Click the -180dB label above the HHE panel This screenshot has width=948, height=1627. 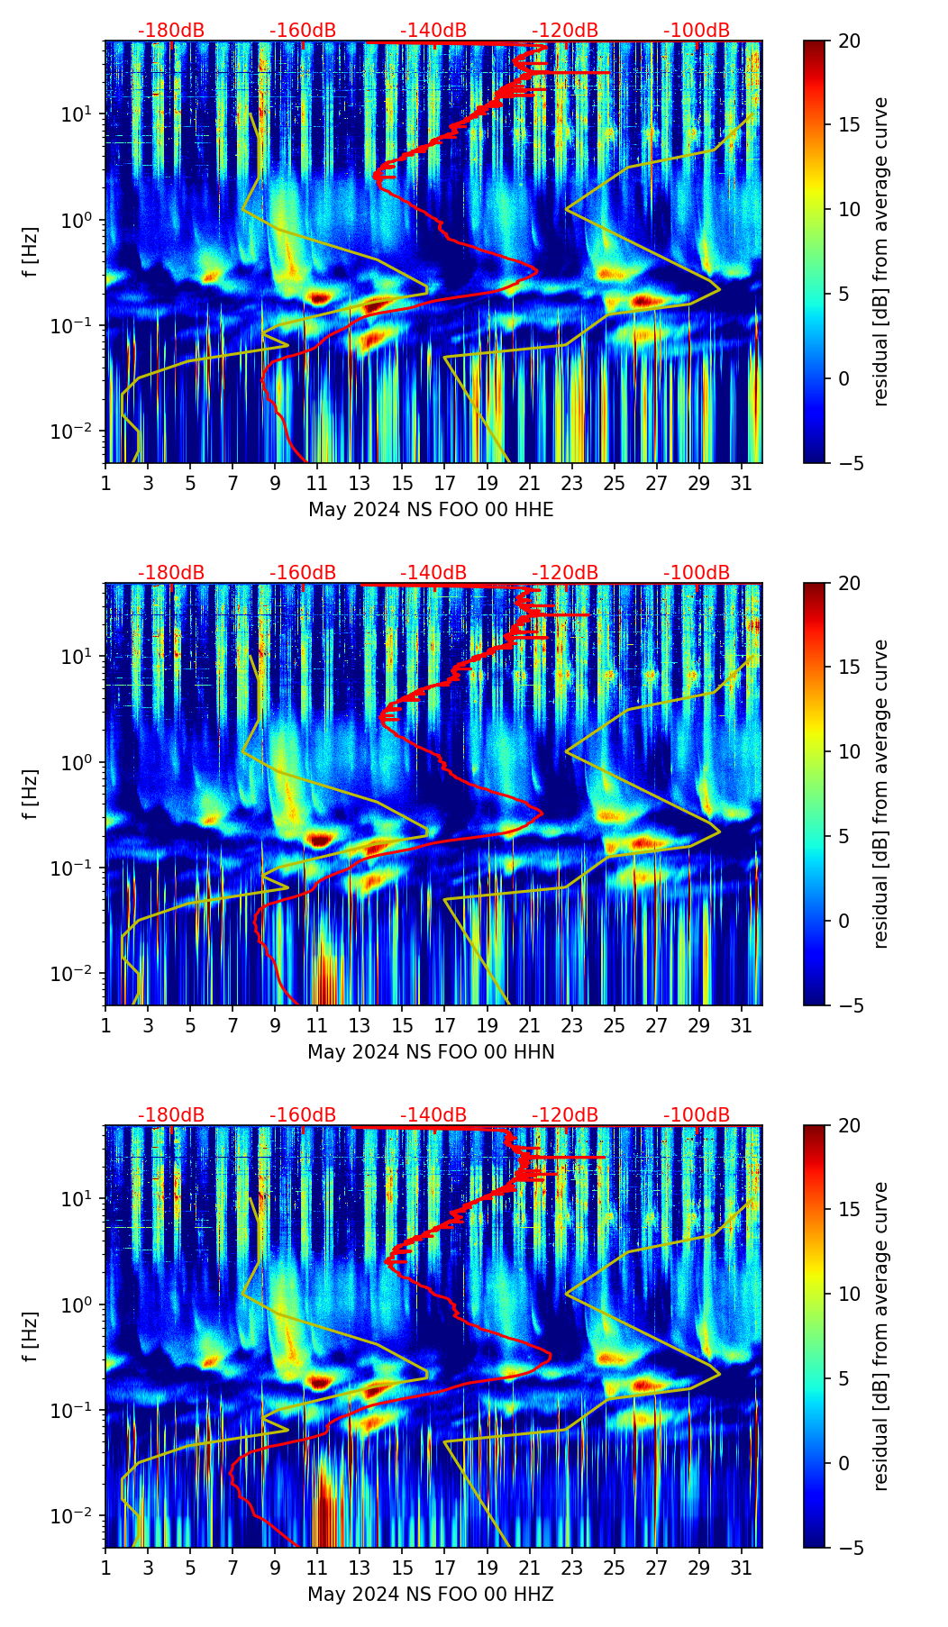click(171, 31)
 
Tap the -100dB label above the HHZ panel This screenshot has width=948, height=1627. click(697, 1115)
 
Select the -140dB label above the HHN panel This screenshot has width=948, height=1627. click(433, 573)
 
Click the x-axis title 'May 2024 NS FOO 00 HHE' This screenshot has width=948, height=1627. click(431, 510)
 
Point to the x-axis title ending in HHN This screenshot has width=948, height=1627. click(431, 1052)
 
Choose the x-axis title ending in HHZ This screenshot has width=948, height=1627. click(431, 1595)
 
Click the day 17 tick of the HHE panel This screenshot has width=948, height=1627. click(445, 483)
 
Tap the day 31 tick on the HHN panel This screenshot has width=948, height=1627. click(742, 1025)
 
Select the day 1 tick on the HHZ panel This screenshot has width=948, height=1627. click(106, 1568)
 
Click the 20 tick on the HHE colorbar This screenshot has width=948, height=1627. click(850, 41)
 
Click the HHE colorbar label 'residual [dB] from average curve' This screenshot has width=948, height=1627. click(881, 251)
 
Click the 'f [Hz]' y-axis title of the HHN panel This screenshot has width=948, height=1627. click(31, 794)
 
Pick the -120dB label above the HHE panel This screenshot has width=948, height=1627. click(565, 31)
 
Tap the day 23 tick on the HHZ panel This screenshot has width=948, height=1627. click(572, 1568)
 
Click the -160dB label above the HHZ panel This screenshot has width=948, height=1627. click(303, 1115)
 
